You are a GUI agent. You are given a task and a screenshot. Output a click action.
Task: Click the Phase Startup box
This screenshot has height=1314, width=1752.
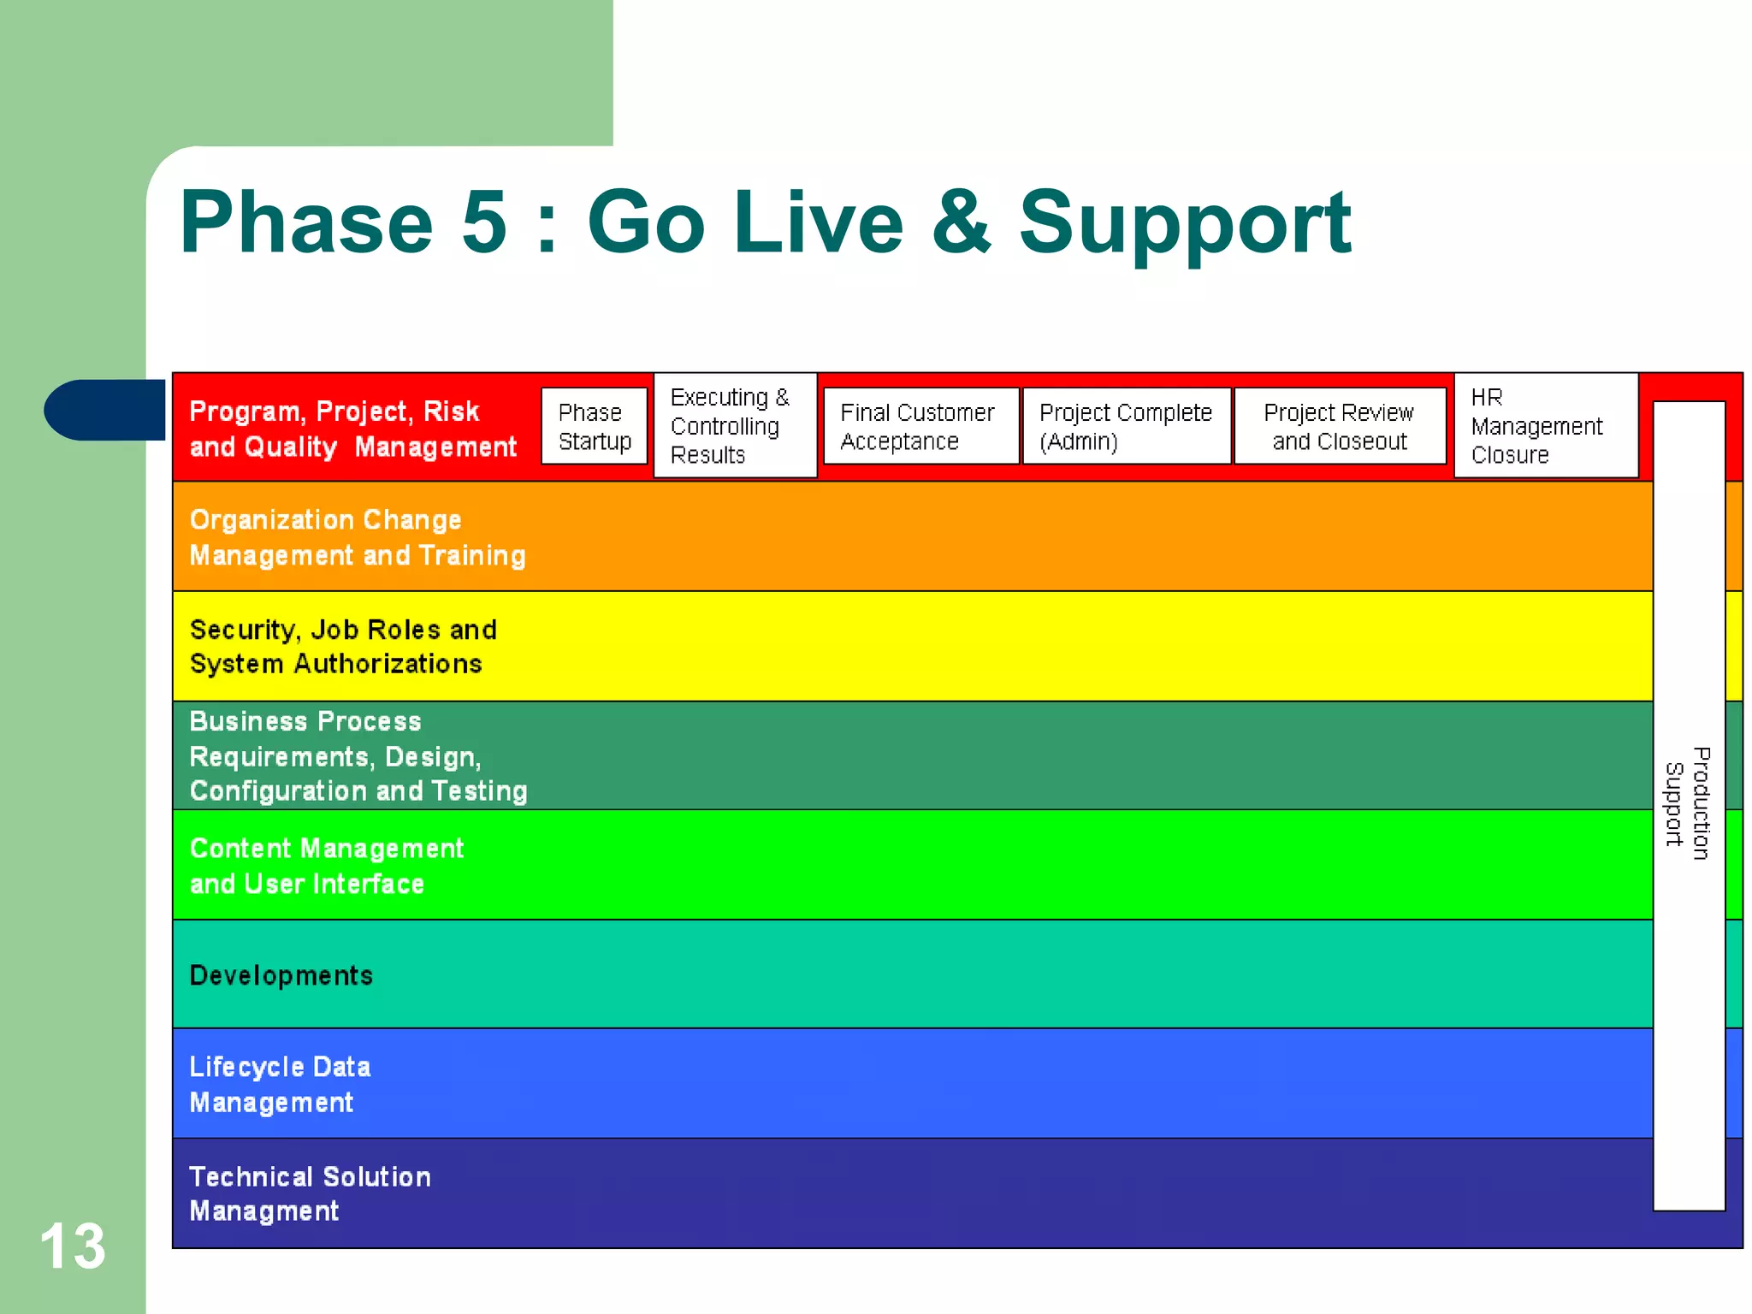coord(594,426)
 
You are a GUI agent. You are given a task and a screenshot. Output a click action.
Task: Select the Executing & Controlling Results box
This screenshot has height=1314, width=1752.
coord(734,425)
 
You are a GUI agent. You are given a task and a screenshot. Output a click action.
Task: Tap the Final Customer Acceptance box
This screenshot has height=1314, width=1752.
coord(920,426)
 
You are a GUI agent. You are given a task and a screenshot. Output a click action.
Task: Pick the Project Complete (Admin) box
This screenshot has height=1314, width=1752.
coord(1126,426)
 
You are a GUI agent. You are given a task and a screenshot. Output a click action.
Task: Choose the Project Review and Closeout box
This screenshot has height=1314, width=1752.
coord(1339,426)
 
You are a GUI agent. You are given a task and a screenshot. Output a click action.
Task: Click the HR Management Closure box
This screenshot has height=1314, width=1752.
coord(1545,425)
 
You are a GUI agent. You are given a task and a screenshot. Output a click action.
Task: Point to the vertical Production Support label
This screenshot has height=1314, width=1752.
coord(1688,803)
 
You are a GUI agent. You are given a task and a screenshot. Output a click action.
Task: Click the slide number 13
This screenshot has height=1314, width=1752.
coord(73,1246)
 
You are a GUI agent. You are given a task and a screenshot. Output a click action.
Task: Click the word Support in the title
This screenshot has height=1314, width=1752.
coord(1184,224)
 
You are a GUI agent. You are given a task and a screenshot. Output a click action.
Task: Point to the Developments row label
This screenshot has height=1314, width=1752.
coord(281,975)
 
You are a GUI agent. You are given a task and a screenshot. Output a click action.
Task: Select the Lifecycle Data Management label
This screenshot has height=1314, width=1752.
coord(279,1084)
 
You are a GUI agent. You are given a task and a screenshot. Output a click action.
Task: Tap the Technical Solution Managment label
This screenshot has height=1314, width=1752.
coord(309,1193)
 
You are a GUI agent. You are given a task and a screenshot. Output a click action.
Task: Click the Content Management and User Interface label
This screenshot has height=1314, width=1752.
coord(325,866)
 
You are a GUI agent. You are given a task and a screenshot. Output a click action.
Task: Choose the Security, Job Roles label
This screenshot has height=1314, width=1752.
coord(342,647)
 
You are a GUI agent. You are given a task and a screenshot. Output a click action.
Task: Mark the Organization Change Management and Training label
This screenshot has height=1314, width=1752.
coord(357,537)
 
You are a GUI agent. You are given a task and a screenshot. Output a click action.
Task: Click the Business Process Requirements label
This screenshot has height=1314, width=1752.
coord(357,756)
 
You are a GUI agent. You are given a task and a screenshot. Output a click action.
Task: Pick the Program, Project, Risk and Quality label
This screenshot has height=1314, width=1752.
coord(352,429)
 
